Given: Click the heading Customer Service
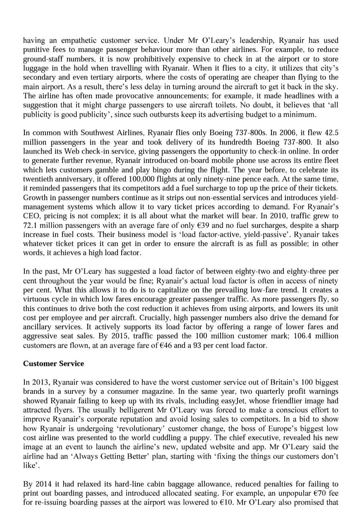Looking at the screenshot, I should pyautogui.click(x=53, y=364).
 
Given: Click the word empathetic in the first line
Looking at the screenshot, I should pyautogui.click(x=81, y=41).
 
